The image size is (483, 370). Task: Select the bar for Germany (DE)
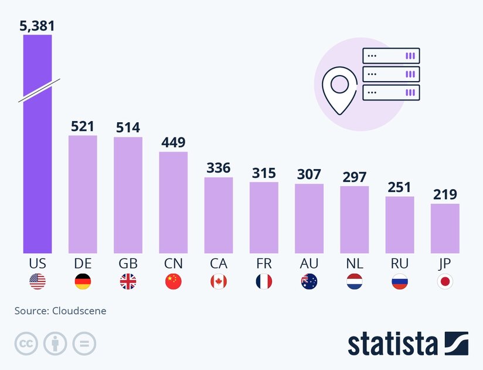pos(83,194)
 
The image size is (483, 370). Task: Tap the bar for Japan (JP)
pos(445,228)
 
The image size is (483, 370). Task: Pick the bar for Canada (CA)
pos(219,215)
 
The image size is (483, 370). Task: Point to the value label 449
pos(174,142)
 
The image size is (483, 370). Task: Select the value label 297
pos(355,176)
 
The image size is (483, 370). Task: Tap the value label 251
pos(400,187)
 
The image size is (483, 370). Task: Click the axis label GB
pos(128,264)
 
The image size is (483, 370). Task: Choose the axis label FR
pos(264,264)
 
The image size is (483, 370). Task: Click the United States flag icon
pos(38,282)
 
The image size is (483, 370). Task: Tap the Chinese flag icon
pos(174,282)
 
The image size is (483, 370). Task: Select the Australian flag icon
pos(309,282)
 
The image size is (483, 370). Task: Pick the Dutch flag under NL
pos(355,282)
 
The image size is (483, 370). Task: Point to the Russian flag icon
pos(400,282)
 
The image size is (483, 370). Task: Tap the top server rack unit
pos(392,56)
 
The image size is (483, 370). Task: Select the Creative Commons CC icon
pos(26,344)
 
